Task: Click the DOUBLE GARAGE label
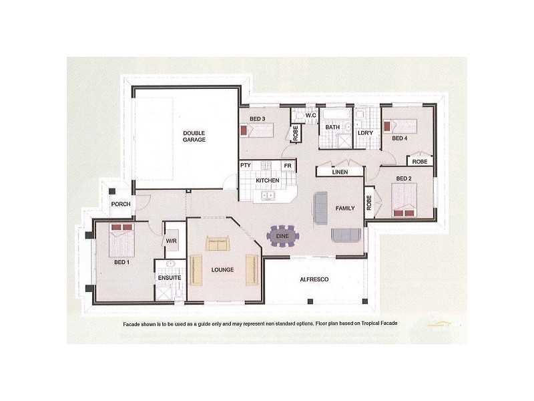tap(194, 136)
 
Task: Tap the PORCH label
tap(121, 204)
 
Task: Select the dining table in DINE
tap(282, 236)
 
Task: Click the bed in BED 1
tap(121, 240)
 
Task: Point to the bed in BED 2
tap(404, 200)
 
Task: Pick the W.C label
tap(310, 116)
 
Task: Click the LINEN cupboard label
tap(340, 172)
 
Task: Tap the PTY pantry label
tap(246, 165)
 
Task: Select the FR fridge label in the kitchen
tap(288, 166)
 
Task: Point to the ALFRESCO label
tap(314, 279)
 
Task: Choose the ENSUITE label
tap(170, 277)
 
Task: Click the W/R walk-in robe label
tap(172, 241)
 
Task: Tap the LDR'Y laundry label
tap(365, 132)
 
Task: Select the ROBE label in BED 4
tap(420, 162)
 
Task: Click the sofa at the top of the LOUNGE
tap(218, 243)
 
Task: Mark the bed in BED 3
tap(257, 130)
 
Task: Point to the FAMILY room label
tap(345, 208)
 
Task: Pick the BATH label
tap(332, 127)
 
